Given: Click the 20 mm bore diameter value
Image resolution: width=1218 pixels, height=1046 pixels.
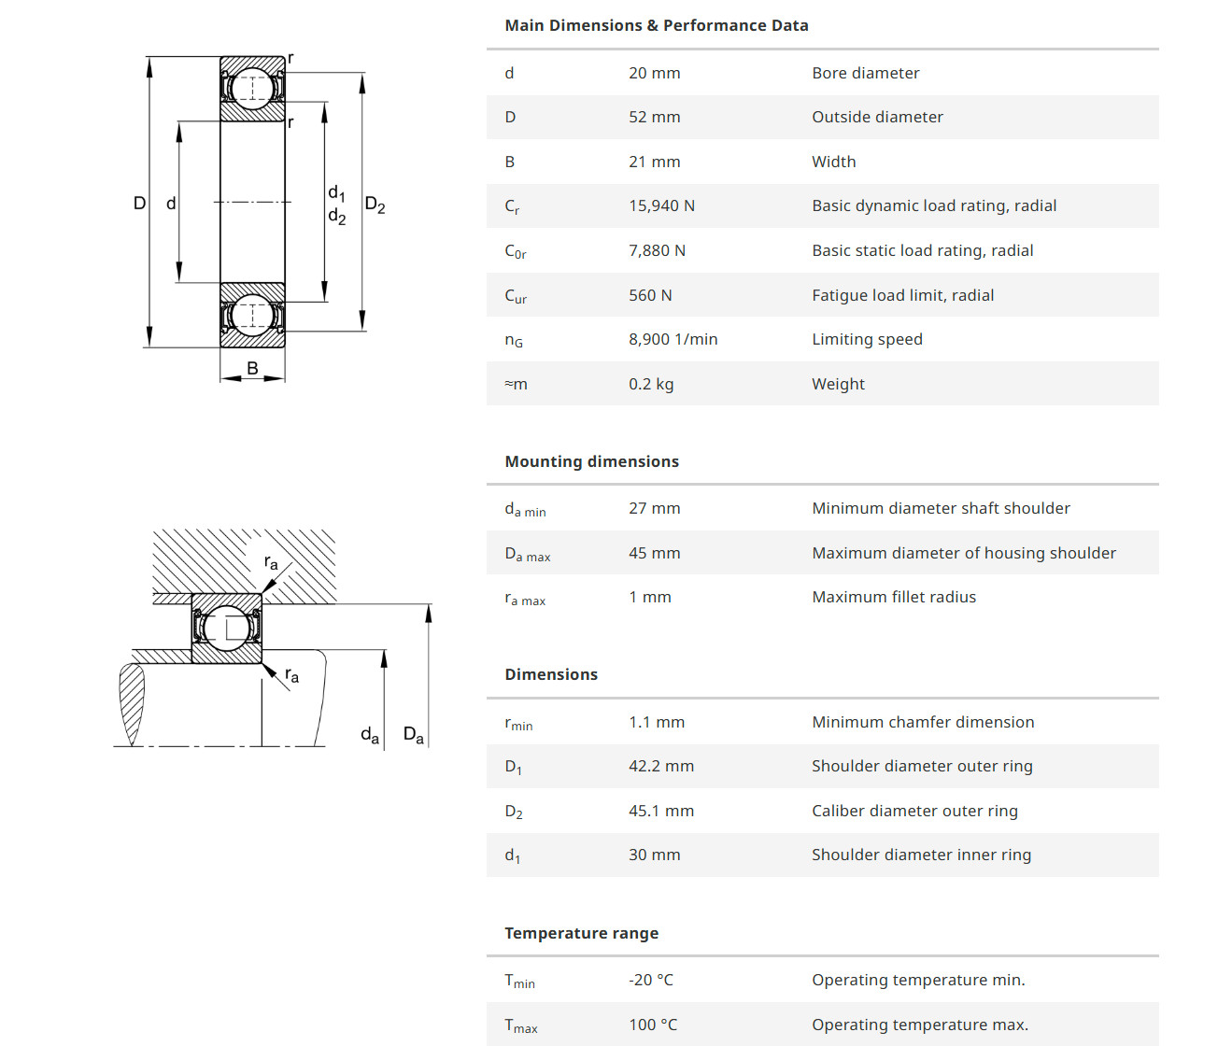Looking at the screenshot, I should [x=654, y=73].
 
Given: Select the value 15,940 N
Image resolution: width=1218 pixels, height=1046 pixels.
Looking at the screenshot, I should [x=661, y=205].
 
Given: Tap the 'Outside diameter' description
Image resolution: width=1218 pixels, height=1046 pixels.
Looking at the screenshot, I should [x=877, y=117].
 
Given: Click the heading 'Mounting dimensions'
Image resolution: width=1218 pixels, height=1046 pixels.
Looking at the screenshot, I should [x=591, y=461].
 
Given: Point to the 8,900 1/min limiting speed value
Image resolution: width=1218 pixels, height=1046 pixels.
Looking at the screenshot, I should [x=673, y=339].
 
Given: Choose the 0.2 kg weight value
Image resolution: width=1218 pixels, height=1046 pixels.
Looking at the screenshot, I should [x=651, y=384].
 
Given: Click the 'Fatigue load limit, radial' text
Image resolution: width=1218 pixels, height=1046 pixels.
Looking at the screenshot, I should [x=902, y=295].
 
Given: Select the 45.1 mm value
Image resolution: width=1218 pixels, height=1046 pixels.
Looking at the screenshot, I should [x=660, y=811].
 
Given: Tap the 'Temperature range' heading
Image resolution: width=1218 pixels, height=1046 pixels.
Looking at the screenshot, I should [x=581, y=933].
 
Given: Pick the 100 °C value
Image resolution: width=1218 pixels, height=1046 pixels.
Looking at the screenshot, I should [x=652, y=1025].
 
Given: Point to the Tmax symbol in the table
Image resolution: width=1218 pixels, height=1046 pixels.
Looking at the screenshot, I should [x=520, y=1025].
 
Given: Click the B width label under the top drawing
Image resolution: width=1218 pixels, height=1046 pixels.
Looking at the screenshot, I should [x=252, y=369].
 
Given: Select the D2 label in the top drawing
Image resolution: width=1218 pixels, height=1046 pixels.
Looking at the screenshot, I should [x=375, y=205].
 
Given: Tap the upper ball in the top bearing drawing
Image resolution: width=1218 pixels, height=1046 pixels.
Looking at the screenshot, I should [x=252, y=88].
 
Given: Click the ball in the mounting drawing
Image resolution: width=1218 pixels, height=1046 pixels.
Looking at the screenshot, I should [x=226, y=628].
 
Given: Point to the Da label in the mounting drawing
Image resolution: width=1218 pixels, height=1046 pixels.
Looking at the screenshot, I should [x=413, y=735].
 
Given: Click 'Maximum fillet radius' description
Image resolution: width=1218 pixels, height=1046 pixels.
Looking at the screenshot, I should [x=893, y=597].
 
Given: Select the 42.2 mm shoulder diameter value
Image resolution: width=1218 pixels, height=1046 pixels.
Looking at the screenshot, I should [x=660, y=766].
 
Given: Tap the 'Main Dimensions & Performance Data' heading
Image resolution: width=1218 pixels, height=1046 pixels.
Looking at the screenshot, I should [x=656, y=25].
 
